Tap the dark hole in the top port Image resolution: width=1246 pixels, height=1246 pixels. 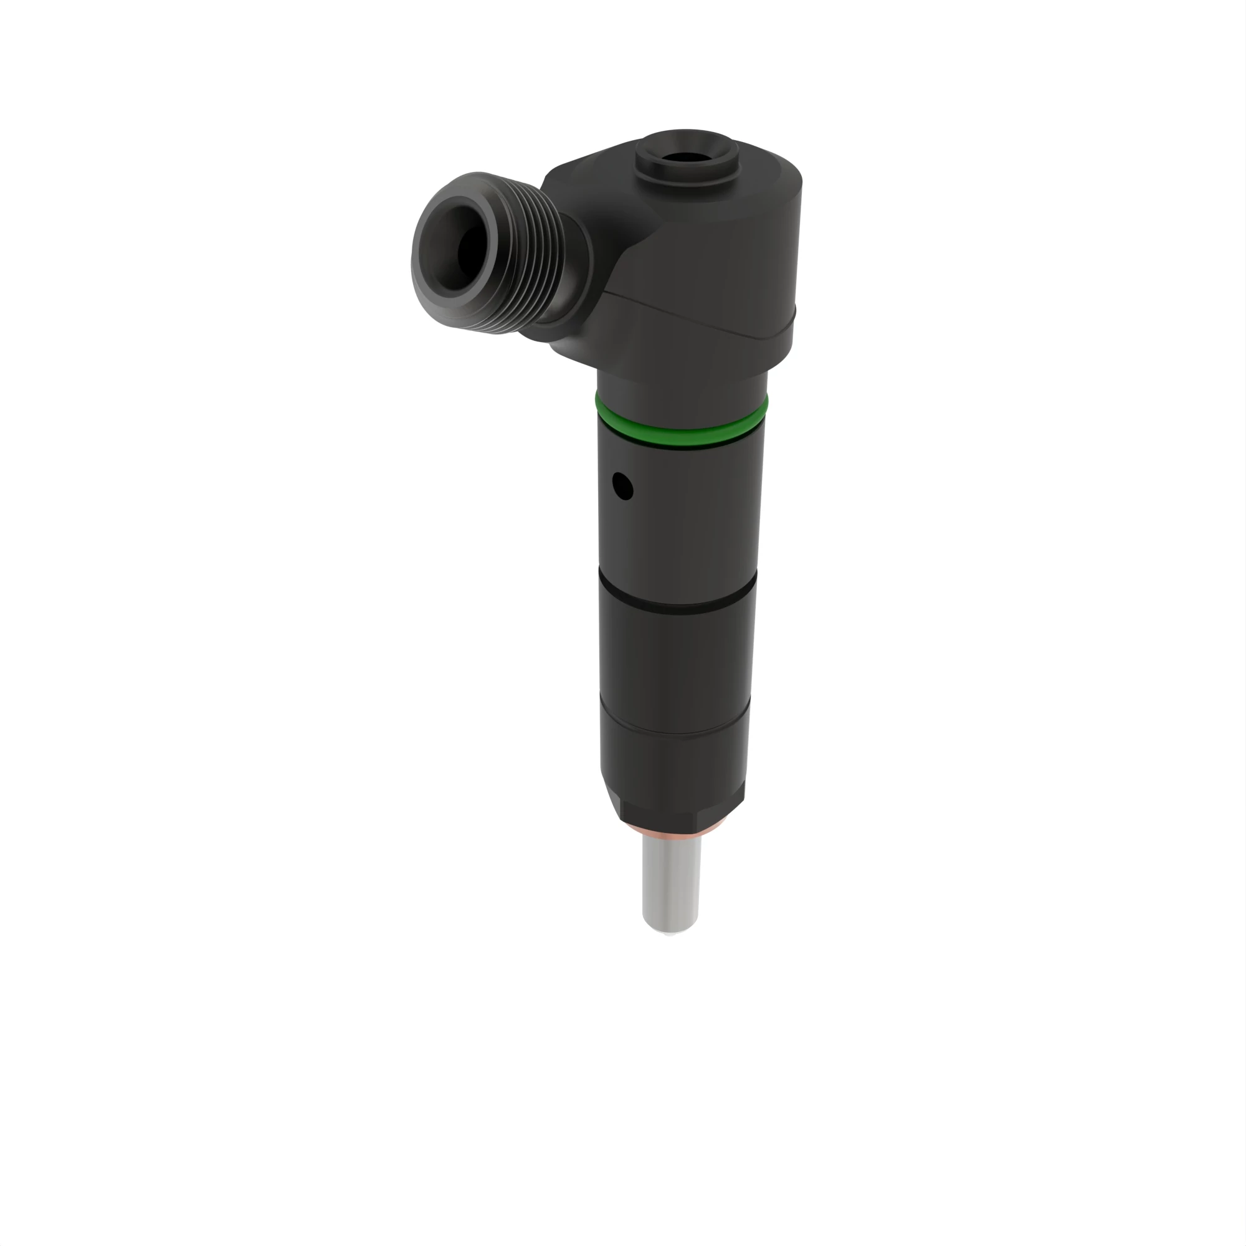click(x=685, y=157)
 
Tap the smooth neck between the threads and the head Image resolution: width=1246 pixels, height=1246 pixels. click(x=578, y=271)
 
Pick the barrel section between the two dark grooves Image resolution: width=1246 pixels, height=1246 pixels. click(x=675, y=658)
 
